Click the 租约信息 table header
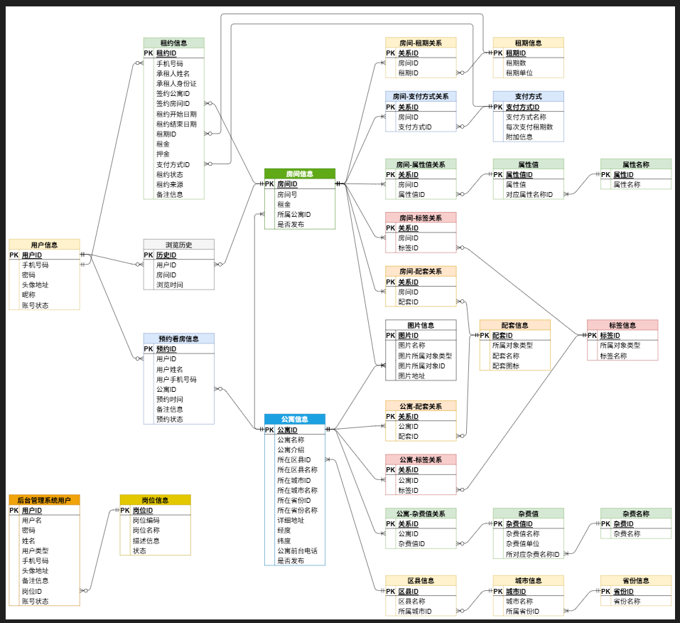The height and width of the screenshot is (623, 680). tap(173, 43)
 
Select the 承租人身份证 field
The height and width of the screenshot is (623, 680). tap(176, 83)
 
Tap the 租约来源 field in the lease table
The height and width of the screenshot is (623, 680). tap(170, 184)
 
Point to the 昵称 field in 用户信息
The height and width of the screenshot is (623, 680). tap(28, 294)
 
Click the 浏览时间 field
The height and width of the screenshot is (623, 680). tap(170, 284)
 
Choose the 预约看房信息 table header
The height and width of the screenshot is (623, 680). tap(178, 339)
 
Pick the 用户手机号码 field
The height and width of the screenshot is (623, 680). tap(176, 379)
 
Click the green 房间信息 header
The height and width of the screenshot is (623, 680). tap(299, 174)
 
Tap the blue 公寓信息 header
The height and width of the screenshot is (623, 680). tap(294, 419)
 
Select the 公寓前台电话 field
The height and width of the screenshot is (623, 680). tap(297, 550)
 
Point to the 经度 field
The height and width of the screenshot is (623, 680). tap(284, 530)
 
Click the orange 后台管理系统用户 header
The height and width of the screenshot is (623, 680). tap(44, 500)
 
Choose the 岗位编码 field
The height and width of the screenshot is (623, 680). tap(146, 520)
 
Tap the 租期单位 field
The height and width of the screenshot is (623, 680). tap(519, 73)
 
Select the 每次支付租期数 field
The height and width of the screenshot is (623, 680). tap(529, 127)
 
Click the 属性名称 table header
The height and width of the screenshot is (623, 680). tap(635, 164)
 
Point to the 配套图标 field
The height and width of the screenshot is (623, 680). tap(505, 366)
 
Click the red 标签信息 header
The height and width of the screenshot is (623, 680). tap(622, 325)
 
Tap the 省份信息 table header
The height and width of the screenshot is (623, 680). tap(635, 580)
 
